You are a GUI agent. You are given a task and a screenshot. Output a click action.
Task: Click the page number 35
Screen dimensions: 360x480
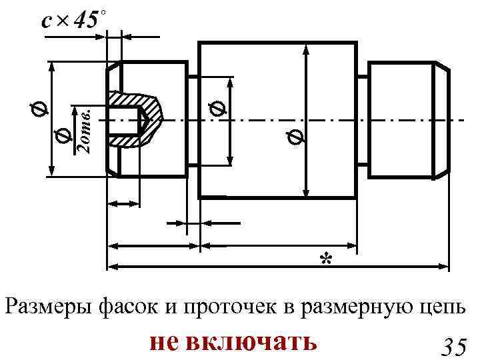453,347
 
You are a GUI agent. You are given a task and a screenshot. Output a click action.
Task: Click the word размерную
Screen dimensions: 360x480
357,308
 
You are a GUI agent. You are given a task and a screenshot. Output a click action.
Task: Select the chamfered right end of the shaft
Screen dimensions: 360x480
441,120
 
